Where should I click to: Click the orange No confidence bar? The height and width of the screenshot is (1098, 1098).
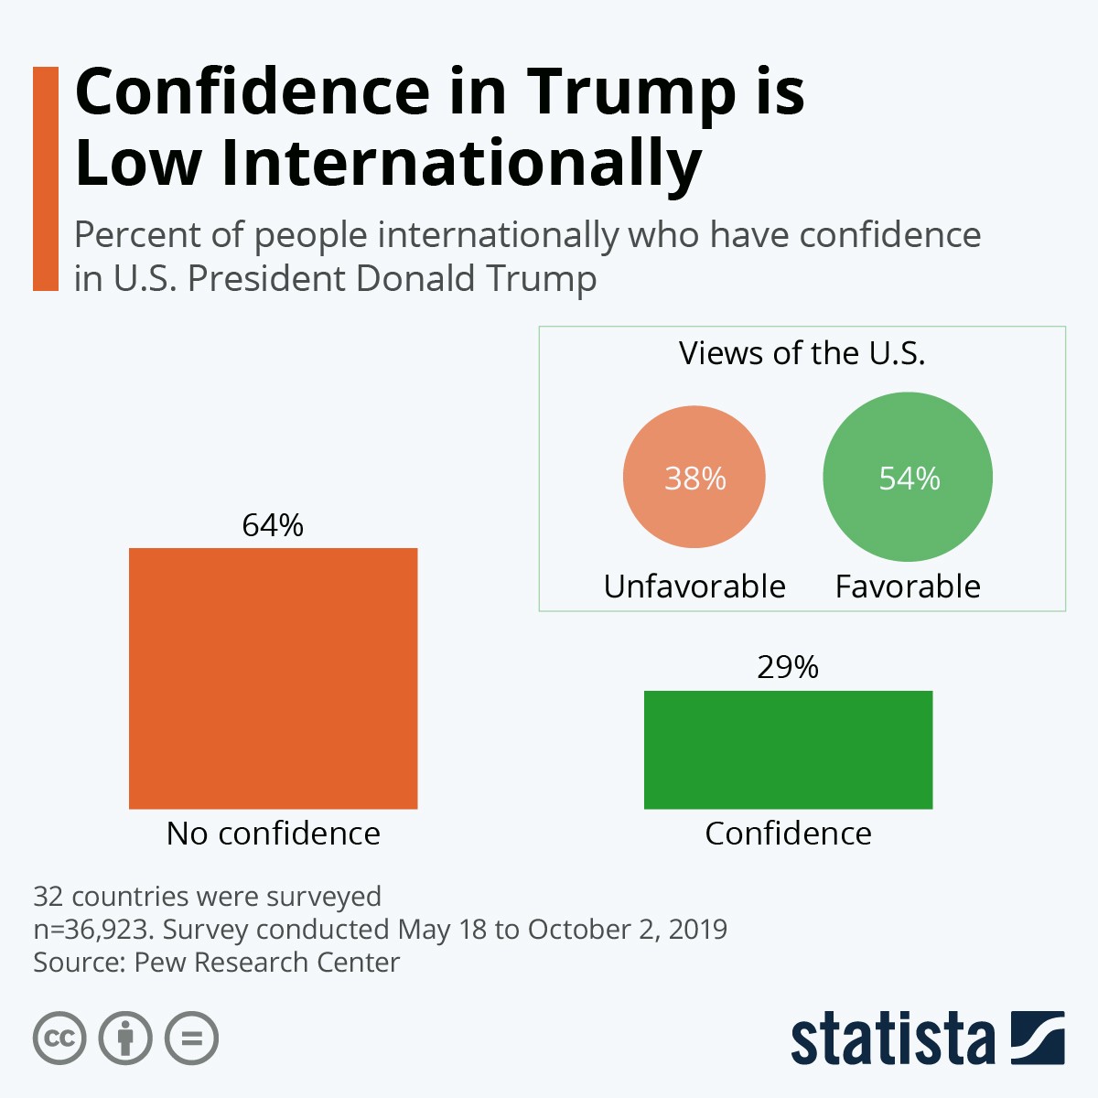(273, 678)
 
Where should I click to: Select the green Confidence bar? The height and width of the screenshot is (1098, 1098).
(788, 749)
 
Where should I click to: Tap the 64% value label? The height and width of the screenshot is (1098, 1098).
(273, 525)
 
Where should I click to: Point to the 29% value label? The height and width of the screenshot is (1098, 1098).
(788, 667)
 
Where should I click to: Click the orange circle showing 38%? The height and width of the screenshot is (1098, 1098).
(694, 478)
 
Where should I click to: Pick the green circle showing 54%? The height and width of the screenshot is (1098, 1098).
(908, 478)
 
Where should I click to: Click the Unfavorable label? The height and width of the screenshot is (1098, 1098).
(694, 587)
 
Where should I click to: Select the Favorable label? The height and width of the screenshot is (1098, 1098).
(908, 587)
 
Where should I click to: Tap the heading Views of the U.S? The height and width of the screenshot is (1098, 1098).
(802, 353)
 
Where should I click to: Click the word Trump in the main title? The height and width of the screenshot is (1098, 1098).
(631, 93)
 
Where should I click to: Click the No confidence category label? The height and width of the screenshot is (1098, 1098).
(273, 834)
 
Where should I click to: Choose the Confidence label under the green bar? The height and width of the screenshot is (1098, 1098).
(788, 834)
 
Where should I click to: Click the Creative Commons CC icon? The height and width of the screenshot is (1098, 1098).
(59, 1039)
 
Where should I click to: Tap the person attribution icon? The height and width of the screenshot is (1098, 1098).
(125, 1039)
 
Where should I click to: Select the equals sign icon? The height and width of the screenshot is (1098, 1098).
(191, 1039)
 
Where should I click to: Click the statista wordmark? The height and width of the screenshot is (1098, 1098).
(892, 1039)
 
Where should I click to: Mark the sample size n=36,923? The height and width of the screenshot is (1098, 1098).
(91, 930)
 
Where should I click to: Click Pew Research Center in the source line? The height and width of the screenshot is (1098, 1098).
(267, 963)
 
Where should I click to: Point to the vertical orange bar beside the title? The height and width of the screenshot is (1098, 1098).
(45, 178)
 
